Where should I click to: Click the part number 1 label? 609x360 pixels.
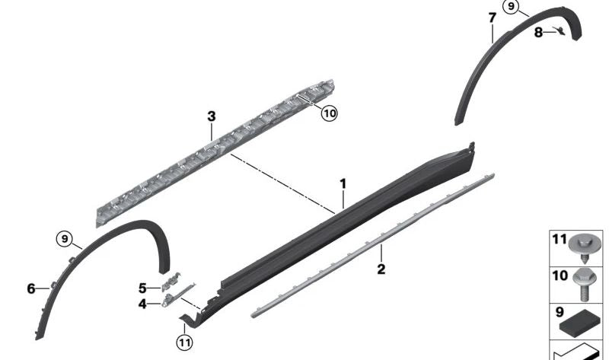click(x=343, y=183)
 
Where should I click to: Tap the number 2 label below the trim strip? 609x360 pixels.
click(x=381, y=269)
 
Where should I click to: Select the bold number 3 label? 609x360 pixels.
click(x=212, y=116)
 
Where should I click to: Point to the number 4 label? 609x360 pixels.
click(x=142, y=304)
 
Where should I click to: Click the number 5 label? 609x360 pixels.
click(x=142, y=288)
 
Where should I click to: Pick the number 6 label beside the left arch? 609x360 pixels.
click(x=31, y=288)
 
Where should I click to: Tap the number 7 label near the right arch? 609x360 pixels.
click(x=492, y=18)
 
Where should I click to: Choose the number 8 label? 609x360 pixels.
click(x=538, y=33)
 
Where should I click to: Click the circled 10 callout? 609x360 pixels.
click(x=330, y=113)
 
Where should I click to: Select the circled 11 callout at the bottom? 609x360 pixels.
click(x=184, y=342)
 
